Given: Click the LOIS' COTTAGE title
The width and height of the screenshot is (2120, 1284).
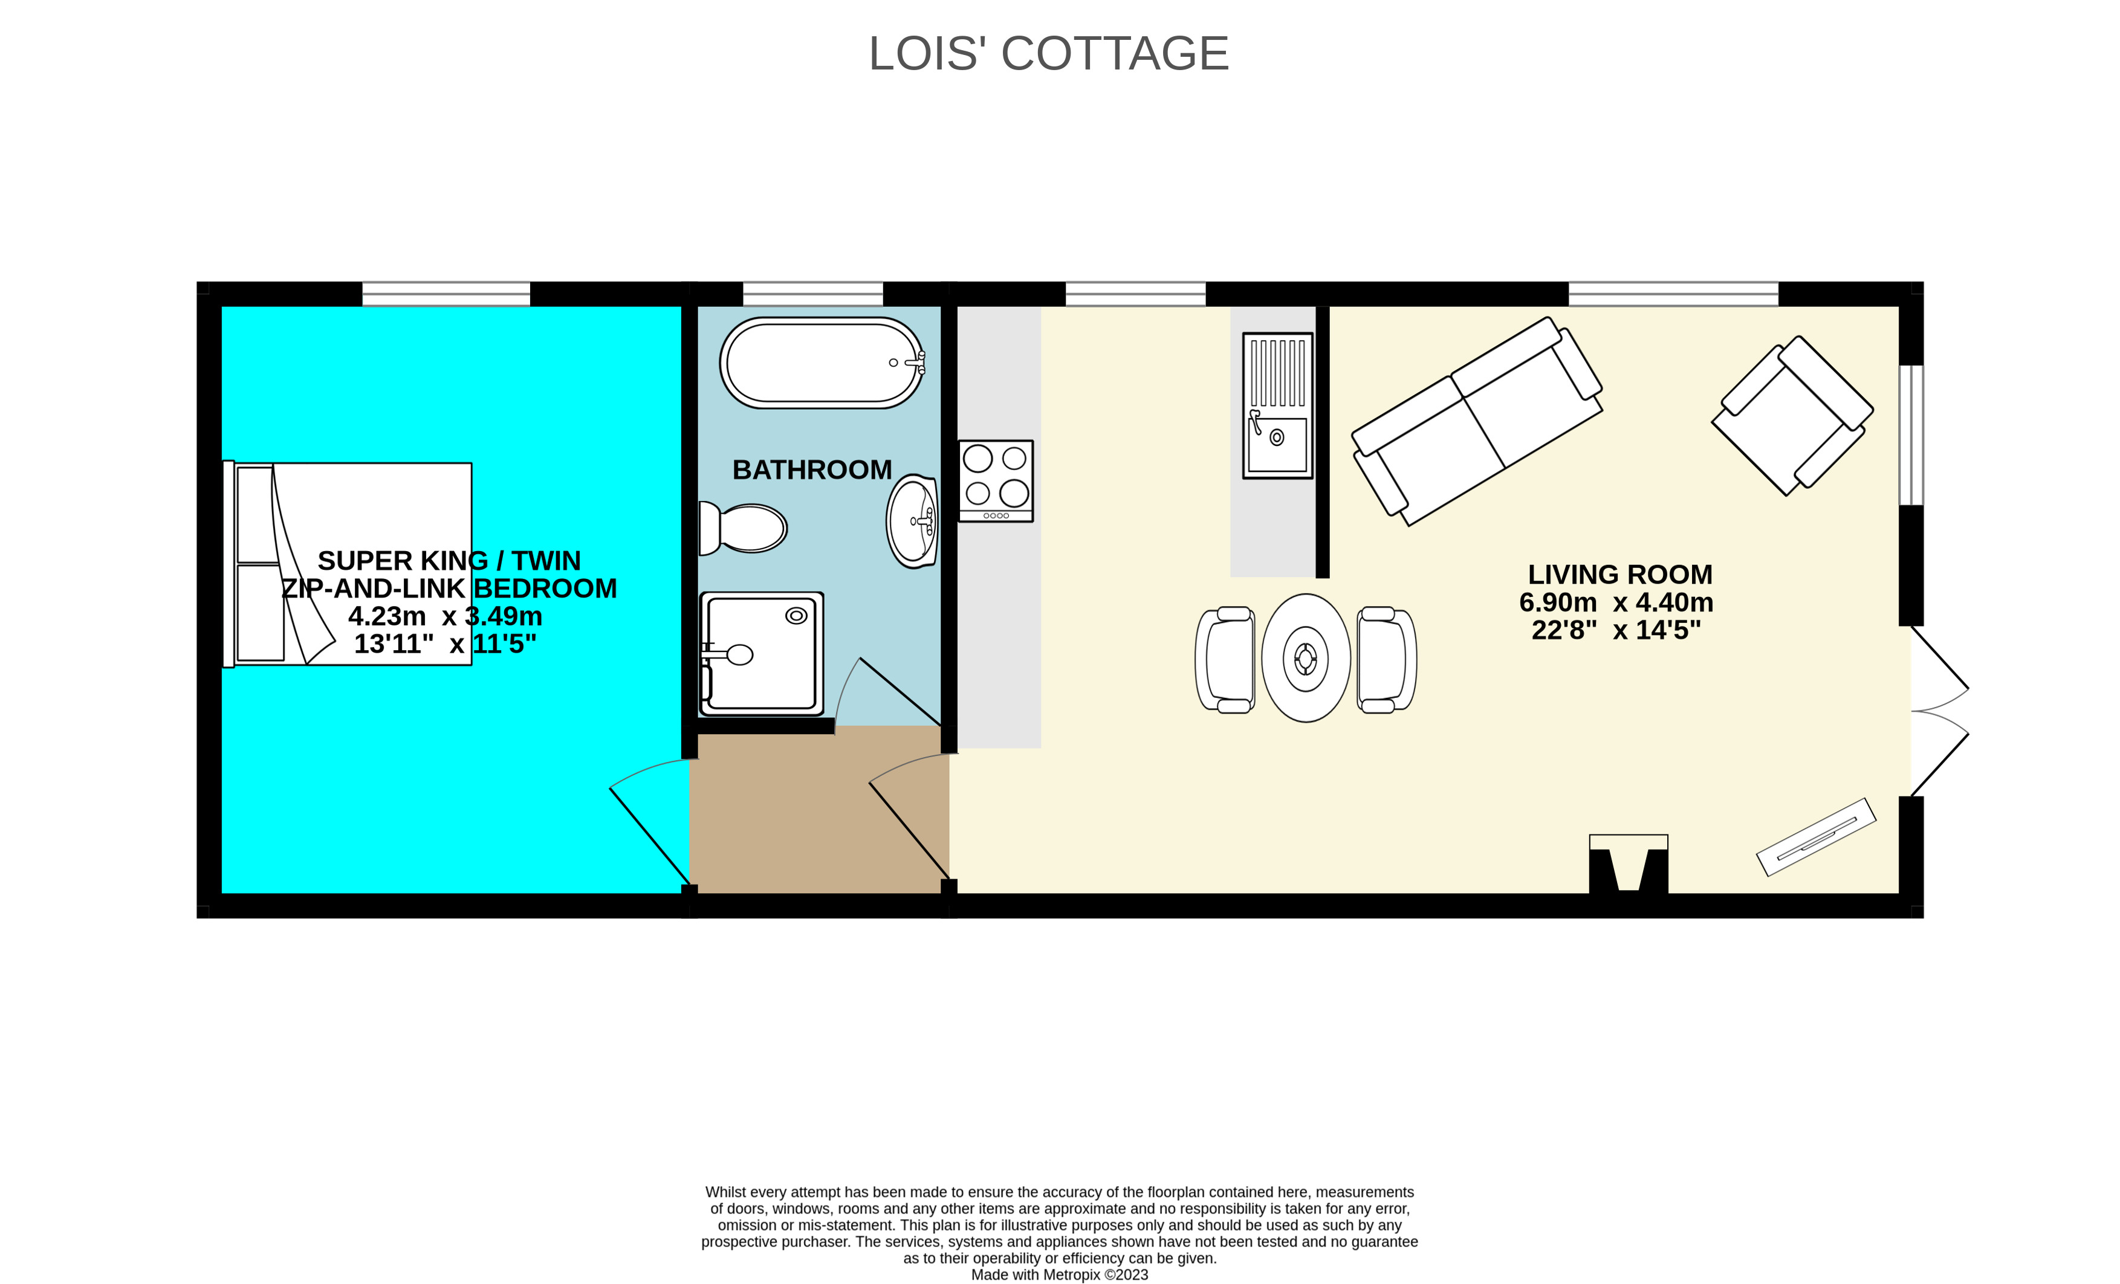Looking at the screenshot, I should (1048, 53).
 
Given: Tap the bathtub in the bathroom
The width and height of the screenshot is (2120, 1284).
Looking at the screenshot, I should (822, 363).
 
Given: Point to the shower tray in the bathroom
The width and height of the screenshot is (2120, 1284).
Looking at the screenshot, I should (762, 654).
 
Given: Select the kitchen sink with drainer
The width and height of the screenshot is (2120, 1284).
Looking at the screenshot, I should (1278, 405).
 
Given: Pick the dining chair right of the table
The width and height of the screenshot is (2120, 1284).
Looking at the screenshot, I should (1386, 660).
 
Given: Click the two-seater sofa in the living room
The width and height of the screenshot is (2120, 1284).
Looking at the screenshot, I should (1477, 421).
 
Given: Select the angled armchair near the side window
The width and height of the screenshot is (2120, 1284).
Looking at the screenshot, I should (1792, 415).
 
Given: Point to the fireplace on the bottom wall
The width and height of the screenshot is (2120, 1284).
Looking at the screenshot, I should (1628, 863).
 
